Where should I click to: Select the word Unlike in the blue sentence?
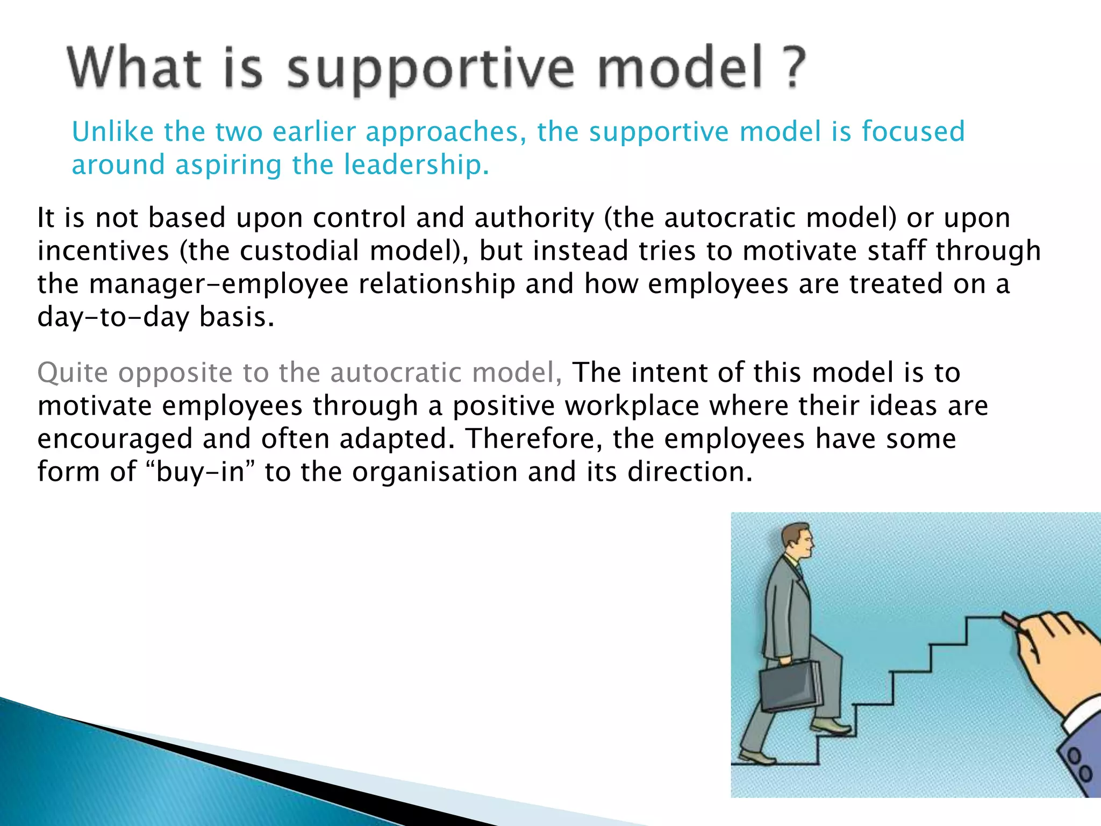(113, 132)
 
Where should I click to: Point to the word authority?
(534, 218)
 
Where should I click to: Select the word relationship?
(437, 284)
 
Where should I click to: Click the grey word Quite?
(73, 373)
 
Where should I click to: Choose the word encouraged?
(115, 439)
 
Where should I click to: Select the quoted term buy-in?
(200, 472)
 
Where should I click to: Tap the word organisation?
(435, 472)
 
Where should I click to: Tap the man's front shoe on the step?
(831, 727)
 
